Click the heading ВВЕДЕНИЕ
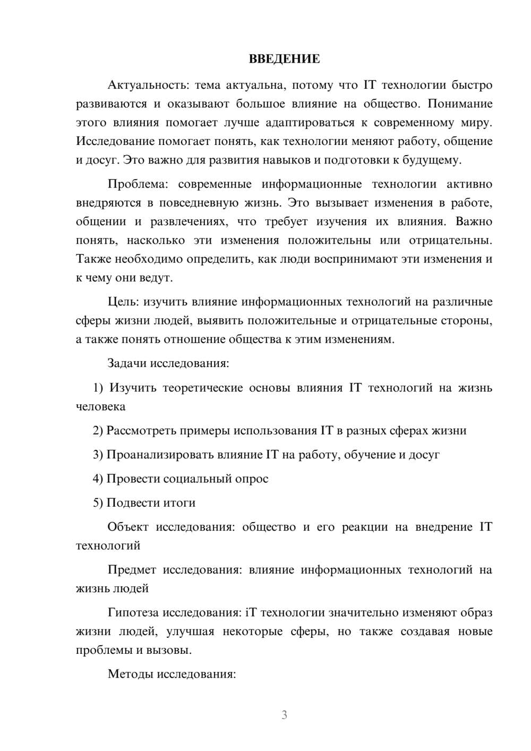point(284,59)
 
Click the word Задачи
point(127,364)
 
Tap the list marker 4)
point(98,479)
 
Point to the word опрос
point(252,479)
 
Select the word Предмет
point(132,570)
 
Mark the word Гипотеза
point(133,613)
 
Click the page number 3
point(284,715)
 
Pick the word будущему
point(424,160)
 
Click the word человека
point(101,407)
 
